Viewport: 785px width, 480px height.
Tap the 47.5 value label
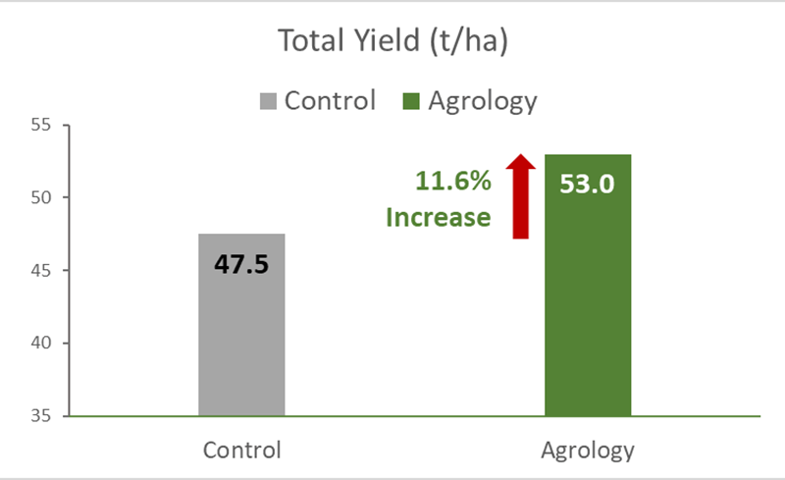(x=241, y=266)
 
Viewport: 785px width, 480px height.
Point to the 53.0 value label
(x=587, y=184)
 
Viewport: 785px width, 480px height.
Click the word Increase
(x=438, y=217)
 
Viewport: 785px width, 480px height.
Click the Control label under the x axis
(x=242, y=452)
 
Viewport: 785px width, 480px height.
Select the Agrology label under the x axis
(x=588, y=452)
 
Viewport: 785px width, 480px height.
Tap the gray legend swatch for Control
(x=269, y=100)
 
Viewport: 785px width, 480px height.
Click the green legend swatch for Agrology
(x=411, y=100)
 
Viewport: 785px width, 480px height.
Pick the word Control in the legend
(x=331, y=100)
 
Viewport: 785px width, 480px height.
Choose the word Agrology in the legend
(x=480, y=101)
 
